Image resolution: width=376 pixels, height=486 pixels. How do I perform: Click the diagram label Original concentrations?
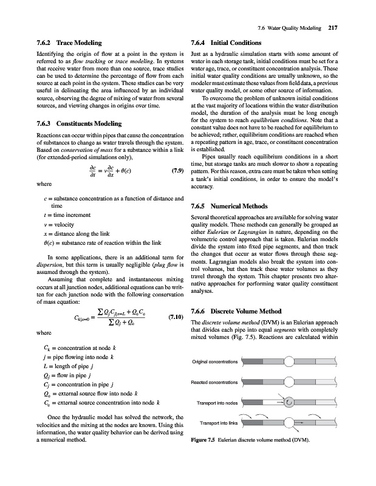click(216, 363)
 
